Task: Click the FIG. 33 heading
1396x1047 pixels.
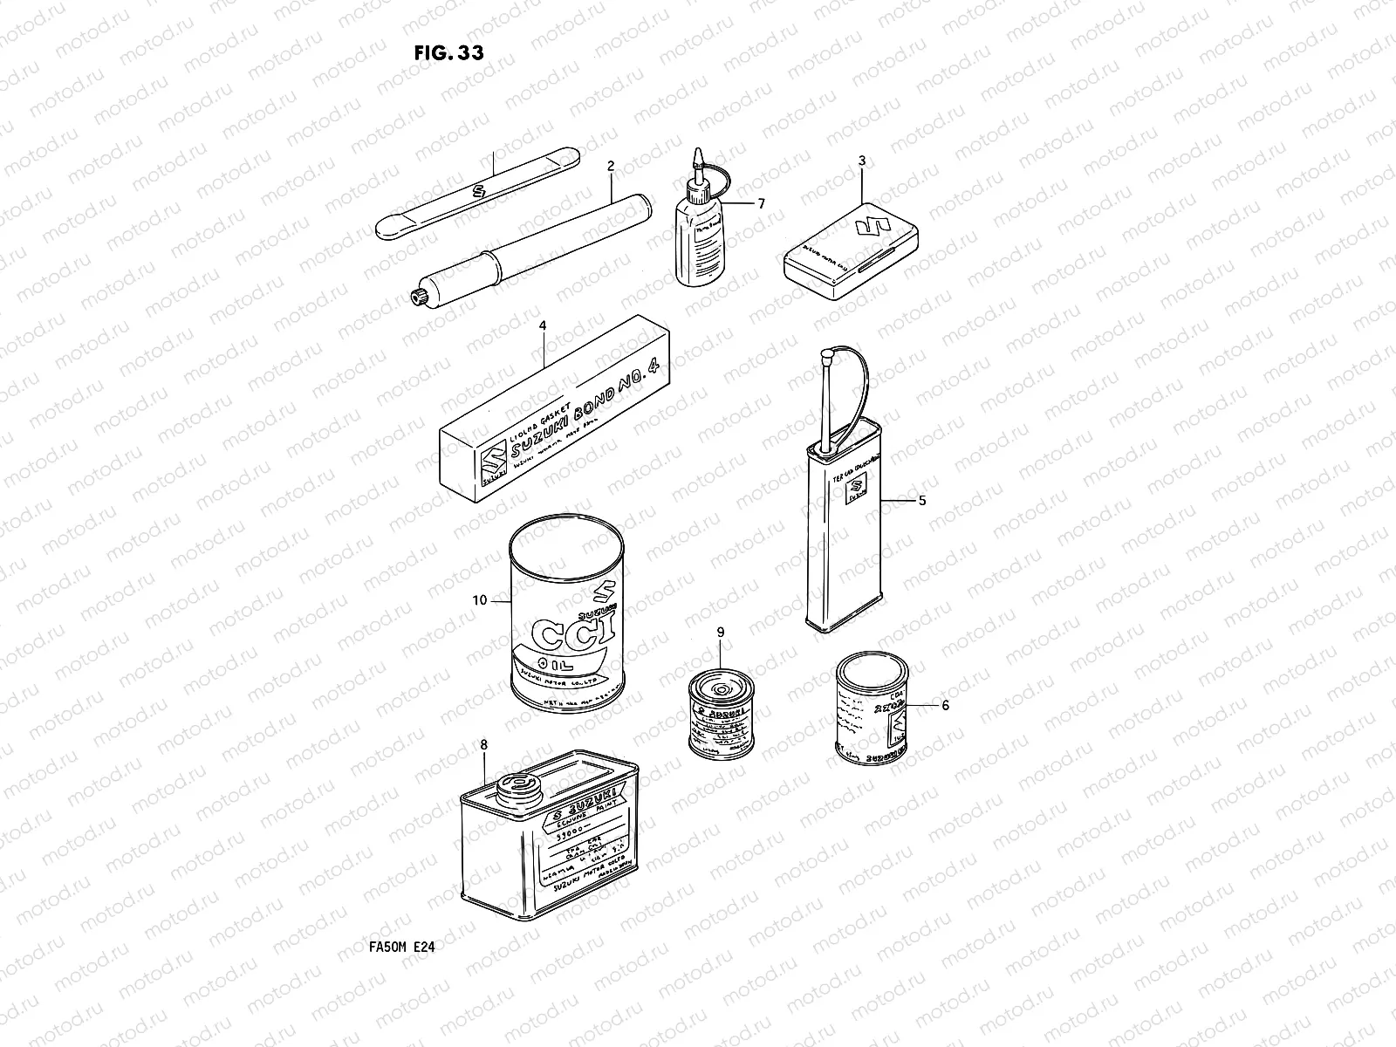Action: pos(448,52)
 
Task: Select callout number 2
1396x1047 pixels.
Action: pos(611,166)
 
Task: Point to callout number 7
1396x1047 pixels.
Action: pos(761,203)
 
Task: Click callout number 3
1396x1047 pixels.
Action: pos(862,161)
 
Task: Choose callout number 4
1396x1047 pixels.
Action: pos(543,325)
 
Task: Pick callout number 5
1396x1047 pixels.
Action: pos(922,501)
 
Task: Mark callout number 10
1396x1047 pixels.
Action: pos(478,600)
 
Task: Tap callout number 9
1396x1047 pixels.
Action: pos(721,631)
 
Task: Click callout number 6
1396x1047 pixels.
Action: pos(944,706)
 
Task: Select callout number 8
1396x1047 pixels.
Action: pos(484,744)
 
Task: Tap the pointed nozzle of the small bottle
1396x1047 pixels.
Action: pos(698,157)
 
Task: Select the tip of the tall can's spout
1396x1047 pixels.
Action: pos(825,356)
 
